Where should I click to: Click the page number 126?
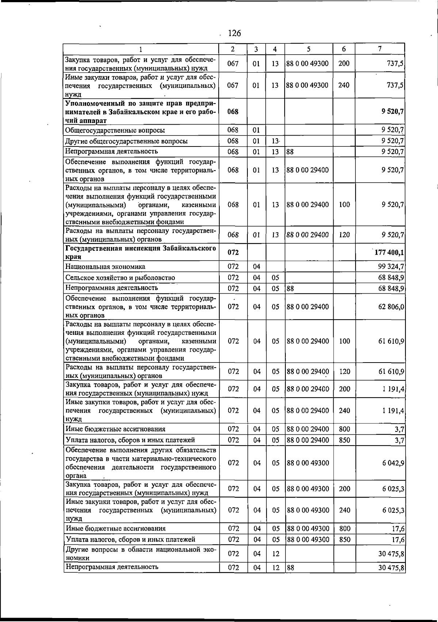[x=234, y=34]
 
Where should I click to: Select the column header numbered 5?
[x=308, y=49]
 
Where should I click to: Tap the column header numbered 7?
[x=380, y=49]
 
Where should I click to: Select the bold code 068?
[x=233, y=112]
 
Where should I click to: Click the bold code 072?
[x=233, y=252]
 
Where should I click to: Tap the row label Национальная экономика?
[x=105, y=267]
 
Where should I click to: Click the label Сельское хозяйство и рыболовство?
[x=120, y=278]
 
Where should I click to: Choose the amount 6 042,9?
[x=393, y=463]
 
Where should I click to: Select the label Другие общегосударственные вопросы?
[x=126, y=141]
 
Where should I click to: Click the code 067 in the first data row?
[x=233, y=63]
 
